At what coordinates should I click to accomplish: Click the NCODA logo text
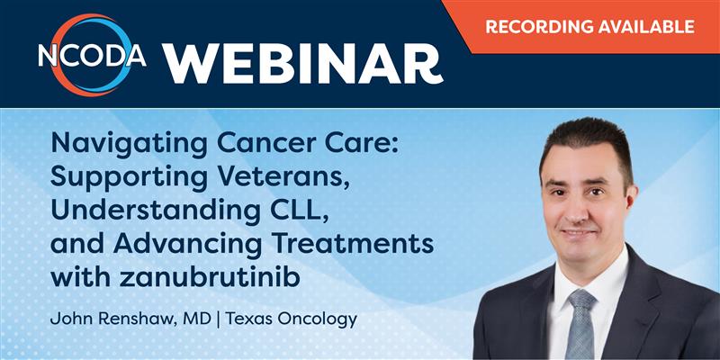click(93, 56)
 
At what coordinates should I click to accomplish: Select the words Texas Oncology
click(291, 319)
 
